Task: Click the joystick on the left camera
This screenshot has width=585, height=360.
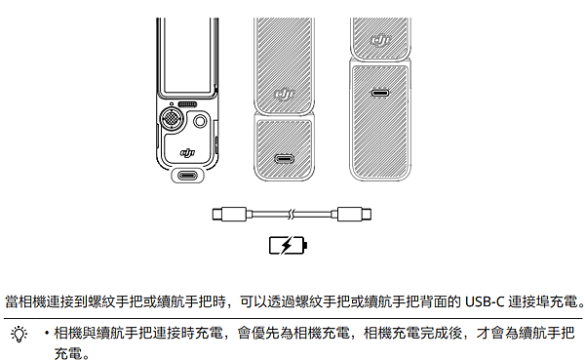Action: click(172, 121)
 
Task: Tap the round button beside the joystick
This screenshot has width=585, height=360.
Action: click(200, 121)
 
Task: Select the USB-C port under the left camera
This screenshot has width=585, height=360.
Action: click(187, 176)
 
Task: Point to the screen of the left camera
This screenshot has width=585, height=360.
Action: click(187, 55)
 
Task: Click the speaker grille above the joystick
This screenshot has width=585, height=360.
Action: click(188, 103)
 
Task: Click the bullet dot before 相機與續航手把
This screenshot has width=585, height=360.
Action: click(46, 334)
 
